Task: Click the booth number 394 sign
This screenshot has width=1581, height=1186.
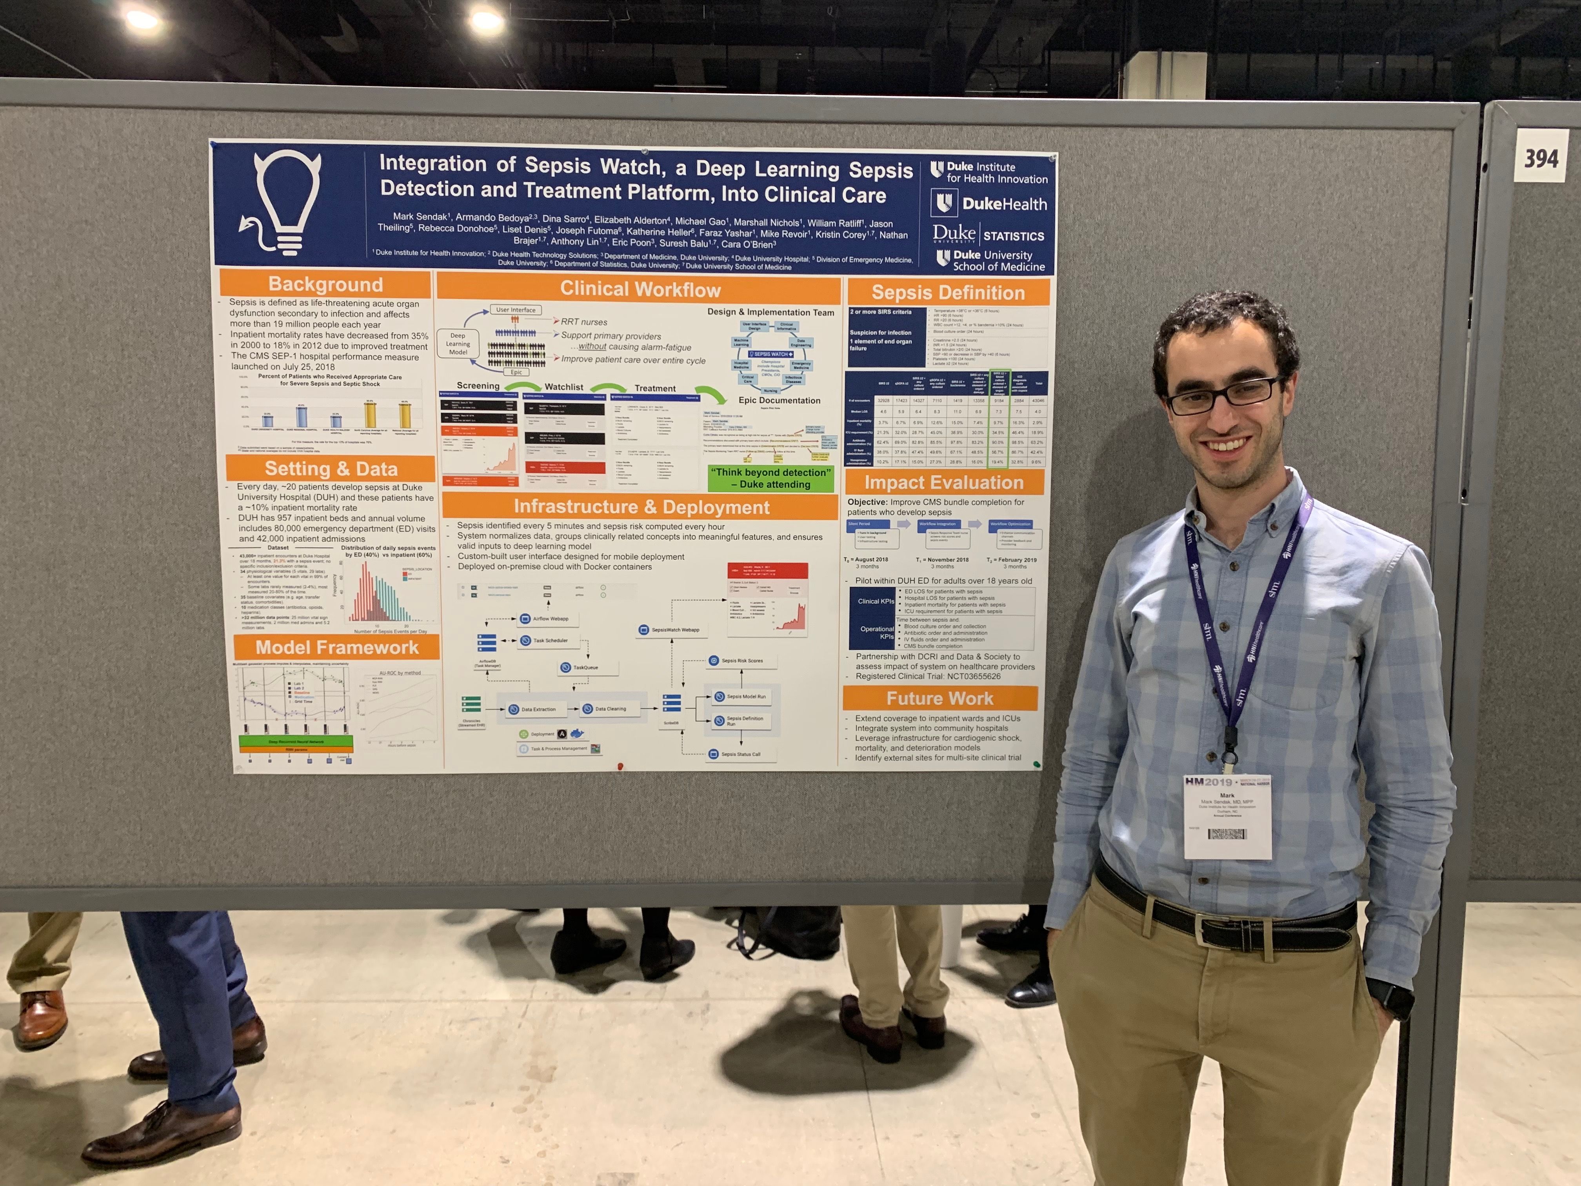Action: (x=1541, y=158)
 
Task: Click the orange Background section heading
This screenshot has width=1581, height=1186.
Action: (x=326, y=284)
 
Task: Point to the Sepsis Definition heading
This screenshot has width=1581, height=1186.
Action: (x=948, y=293)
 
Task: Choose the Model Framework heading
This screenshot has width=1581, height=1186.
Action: (x=337, y=648)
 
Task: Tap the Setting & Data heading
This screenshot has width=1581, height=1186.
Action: (x=331, y=469)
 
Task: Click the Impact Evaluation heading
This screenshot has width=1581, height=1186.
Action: (x=943, y=482)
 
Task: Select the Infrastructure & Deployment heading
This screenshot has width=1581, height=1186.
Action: (x=641, y=507)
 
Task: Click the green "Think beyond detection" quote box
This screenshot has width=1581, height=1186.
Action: (x=771, y=478)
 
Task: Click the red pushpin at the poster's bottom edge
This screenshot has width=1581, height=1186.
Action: (x=620, y=766)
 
